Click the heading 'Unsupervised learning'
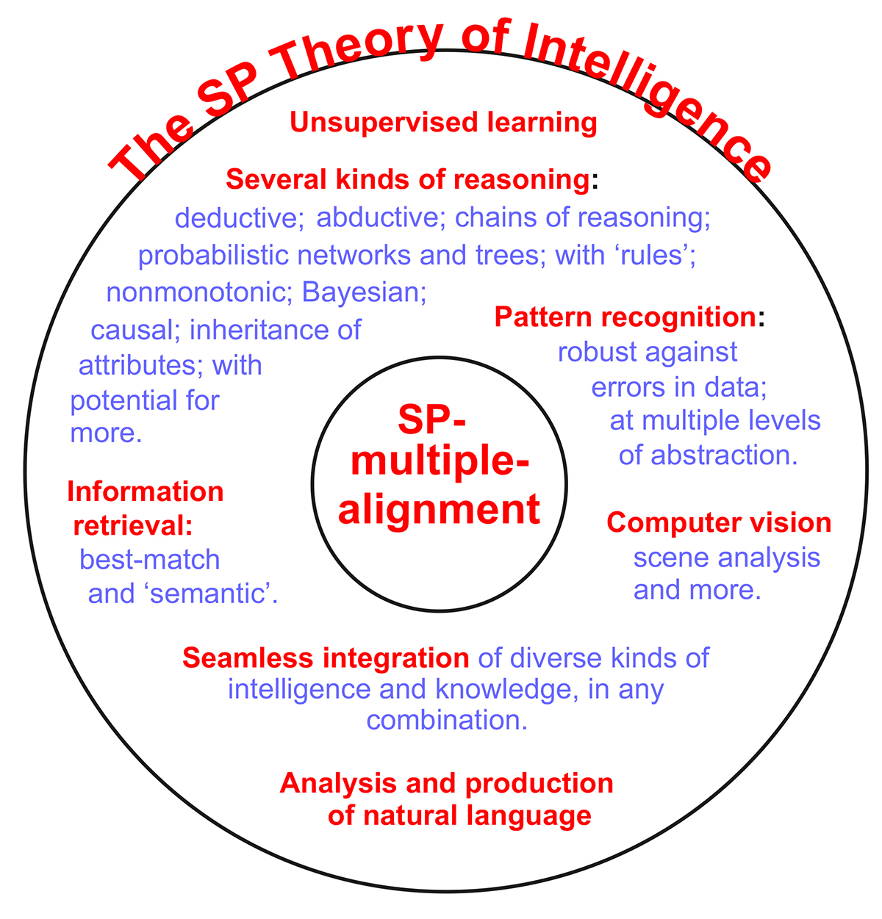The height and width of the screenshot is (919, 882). tap(443, 123)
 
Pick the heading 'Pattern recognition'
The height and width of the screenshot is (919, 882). tap(625, 317)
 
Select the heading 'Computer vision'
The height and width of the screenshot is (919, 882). tap(718, 523)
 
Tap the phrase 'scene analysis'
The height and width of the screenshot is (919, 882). tap(726, 558)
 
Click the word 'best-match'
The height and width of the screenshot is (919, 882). tap(150, 560)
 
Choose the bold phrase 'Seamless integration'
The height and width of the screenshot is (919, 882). tap(326, 657)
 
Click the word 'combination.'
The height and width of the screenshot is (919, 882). tap(447, 720)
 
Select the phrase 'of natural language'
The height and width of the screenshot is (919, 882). tap(459, 815)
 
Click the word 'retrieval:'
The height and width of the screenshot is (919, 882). tap(133, 526)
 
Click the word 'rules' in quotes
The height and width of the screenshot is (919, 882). tap(650, 256)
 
